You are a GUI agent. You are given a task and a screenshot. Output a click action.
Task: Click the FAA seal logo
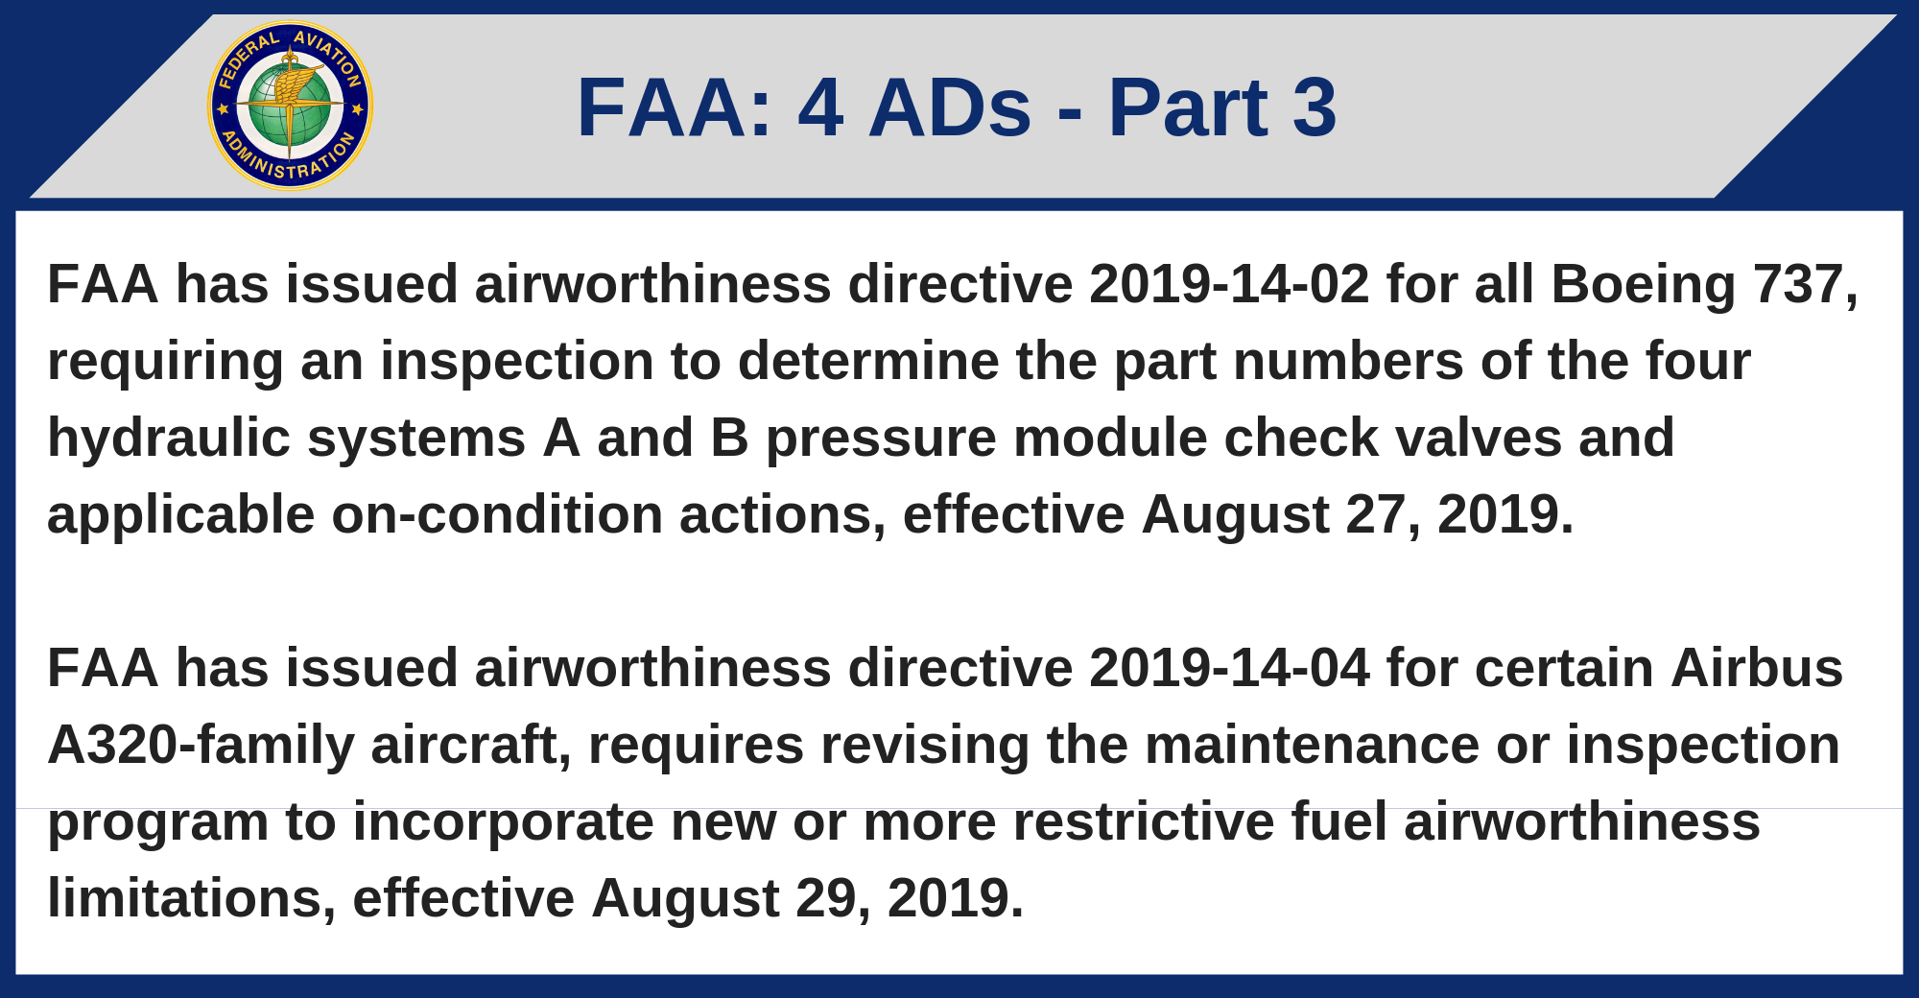[290, 106]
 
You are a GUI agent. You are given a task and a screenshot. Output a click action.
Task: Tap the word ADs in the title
[950, 107]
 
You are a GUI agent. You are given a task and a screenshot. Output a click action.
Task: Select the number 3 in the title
[1315, 107]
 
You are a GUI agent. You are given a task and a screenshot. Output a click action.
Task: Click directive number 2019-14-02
[1229, 285]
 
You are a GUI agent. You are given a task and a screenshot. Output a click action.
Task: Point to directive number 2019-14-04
[1229, 669]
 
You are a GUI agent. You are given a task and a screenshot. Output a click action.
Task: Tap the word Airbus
[1757, 669]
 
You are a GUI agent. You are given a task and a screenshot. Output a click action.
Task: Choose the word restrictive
[1144, 822]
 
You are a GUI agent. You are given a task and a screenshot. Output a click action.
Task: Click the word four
[1698, 362]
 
